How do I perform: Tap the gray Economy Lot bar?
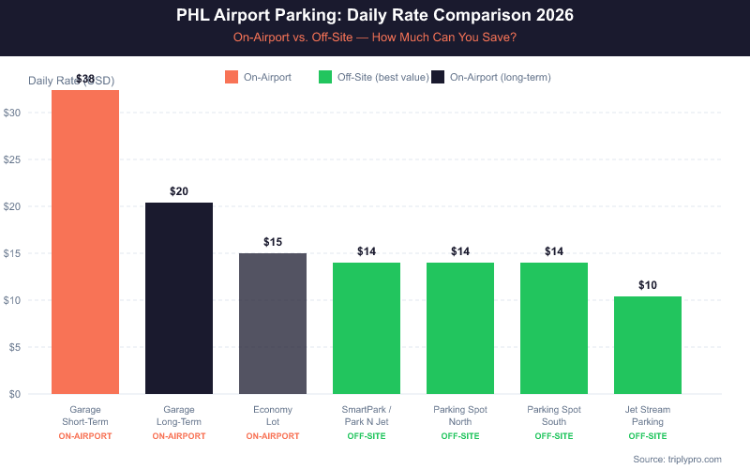pos(273,324)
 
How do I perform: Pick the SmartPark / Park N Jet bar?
pos(367,328)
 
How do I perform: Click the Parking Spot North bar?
pos(460,328)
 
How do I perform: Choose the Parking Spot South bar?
pos(554,328)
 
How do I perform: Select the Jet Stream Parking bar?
pos(648,345)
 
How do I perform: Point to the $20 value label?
pos(179,191)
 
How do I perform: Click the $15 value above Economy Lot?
pos(273,242)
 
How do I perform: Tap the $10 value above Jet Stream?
pos(648,285)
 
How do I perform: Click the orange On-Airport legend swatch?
pos(232,77)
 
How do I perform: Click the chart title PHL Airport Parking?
pos(375,16)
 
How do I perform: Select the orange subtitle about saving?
pos(375,38)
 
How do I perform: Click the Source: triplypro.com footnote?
pos(677,459)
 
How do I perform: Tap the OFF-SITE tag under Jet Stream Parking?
pos(648,436)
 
